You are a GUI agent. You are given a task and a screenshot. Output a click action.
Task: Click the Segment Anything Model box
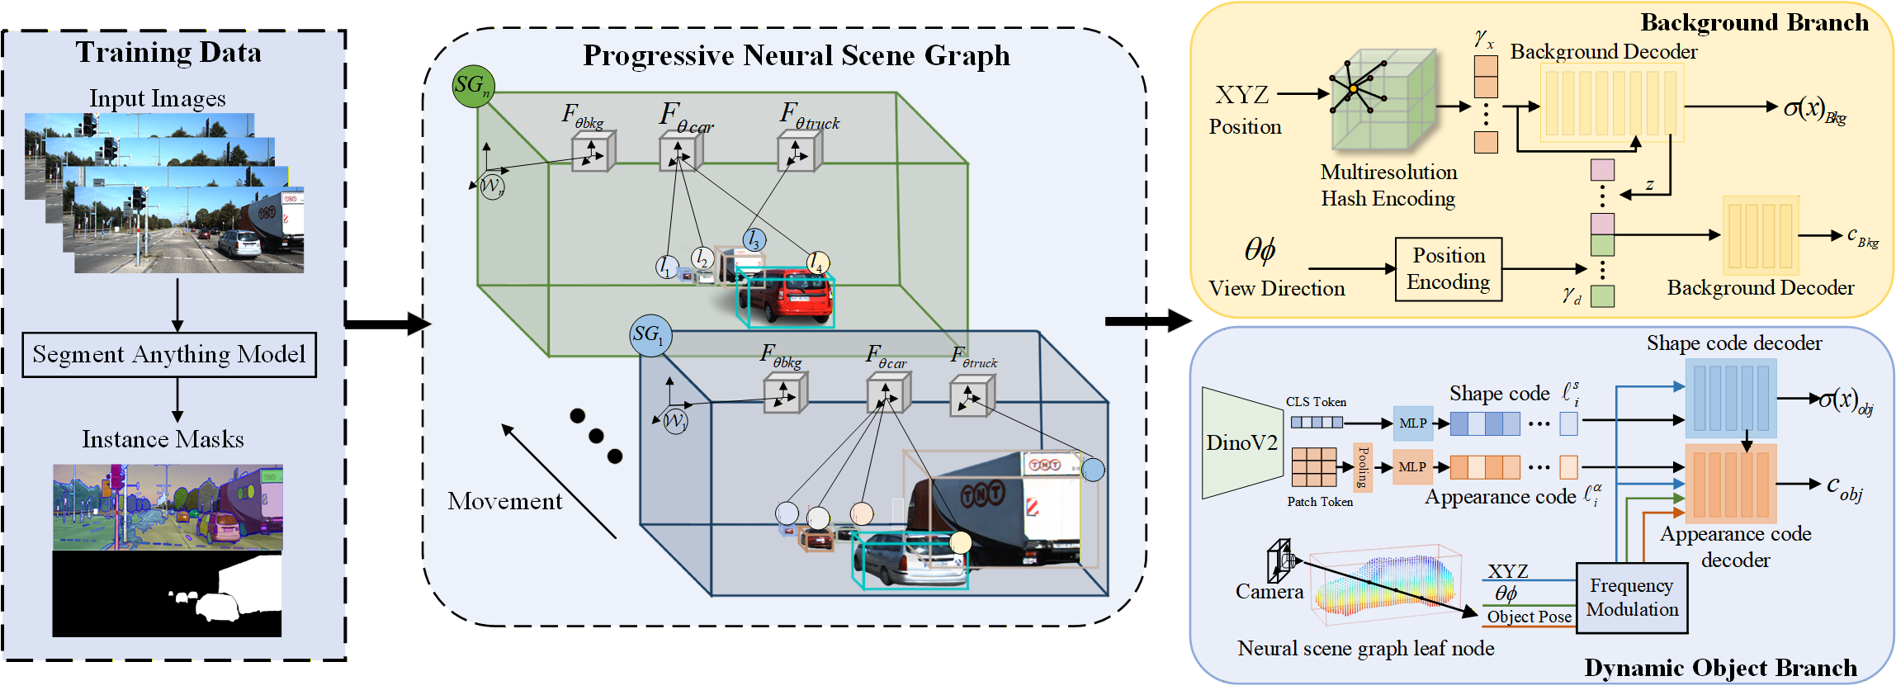click(169, 355)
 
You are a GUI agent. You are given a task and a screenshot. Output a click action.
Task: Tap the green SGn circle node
click(473, 87)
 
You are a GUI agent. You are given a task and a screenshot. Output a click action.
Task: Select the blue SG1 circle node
click(650, 336)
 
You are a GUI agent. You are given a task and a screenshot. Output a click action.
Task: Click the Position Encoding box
click(1448, 269)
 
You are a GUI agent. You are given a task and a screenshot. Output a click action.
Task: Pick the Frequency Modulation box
click(1632, 598)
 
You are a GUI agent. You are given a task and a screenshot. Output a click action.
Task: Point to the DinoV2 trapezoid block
click(1241, 443)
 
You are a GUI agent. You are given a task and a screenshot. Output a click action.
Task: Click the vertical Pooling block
click(1363, 467)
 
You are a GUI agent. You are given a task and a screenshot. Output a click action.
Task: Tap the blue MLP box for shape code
click(1412, 423)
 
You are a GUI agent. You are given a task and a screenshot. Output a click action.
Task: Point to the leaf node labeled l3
click(754, 240)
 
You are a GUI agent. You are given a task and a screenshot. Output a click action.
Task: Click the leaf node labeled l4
click(817, 263)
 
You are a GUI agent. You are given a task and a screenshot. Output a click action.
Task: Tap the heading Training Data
click(168, 53)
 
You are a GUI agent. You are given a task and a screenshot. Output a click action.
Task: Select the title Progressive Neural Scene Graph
click(796, 56)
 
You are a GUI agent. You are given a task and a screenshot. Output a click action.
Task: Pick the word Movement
click(504, 501)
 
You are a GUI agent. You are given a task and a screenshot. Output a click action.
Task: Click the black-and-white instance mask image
click(167, 594)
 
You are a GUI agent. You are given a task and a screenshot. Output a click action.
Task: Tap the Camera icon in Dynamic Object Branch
click(1280, 561)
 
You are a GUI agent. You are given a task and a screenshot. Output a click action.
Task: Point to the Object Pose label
click(1529, 617)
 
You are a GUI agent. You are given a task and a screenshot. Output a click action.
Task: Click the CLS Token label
click(1316, 402)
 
